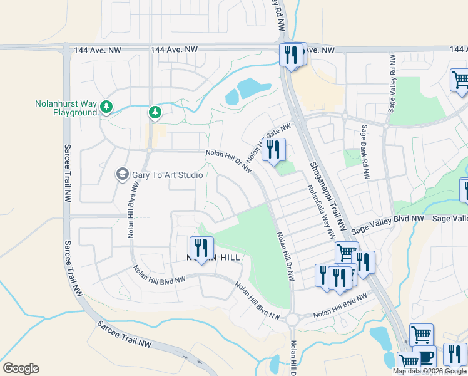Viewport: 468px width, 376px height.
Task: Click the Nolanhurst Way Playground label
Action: (66, 108)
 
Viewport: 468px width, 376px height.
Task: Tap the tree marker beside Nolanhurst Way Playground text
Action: (107, 108)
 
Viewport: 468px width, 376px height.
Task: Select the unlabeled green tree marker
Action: (155, 113)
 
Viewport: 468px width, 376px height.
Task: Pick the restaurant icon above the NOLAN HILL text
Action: (201, 247)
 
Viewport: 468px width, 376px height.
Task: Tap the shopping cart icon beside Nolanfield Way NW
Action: (346, 253)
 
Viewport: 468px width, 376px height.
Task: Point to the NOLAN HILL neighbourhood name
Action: (213, 258)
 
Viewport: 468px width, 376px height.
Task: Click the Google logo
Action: (21, 368)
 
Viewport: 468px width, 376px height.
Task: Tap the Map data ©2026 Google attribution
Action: (429, 371)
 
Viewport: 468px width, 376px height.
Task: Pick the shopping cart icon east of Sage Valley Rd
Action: (460, 80)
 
